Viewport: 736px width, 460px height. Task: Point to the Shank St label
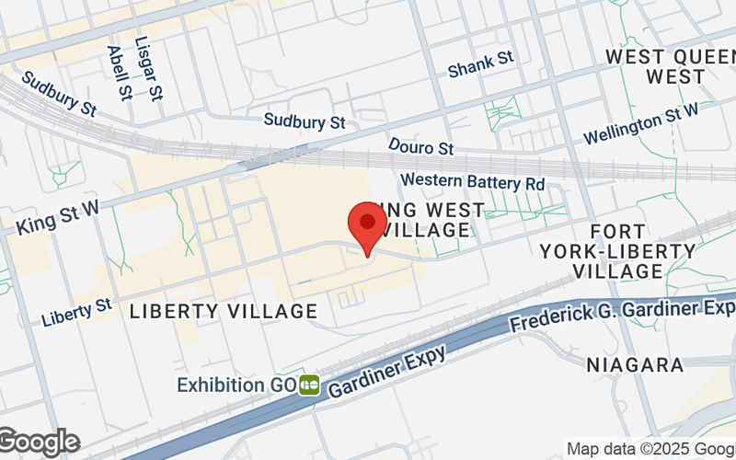[x=480, y=65]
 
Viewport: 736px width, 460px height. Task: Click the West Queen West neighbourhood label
[x=670, y=66]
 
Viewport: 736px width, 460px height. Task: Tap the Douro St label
[x=421, y=148]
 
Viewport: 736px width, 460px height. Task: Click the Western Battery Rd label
[x=473, y=181]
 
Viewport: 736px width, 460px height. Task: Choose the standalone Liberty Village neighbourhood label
[x=224, y=312]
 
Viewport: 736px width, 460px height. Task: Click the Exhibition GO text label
[x=236, y=383]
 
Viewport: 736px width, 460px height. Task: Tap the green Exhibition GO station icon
[x=309, y=385]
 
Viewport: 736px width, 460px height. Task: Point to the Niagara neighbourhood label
[x=635, y=365]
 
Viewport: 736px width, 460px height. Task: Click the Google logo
[x=40, y=443]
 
